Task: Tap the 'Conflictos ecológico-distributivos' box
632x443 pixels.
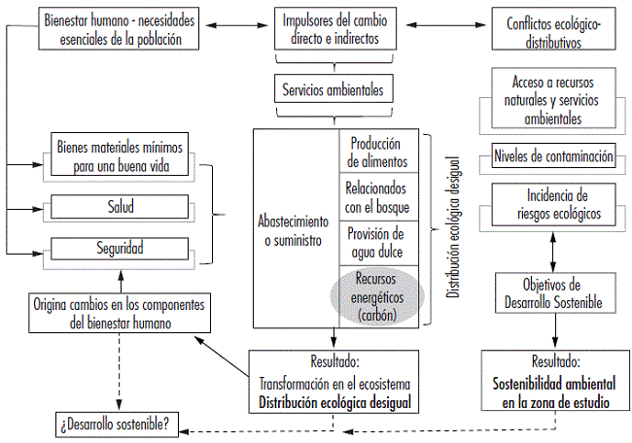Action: point(551,29)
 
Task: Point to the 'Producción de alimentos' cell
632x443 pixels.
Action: point(379,152)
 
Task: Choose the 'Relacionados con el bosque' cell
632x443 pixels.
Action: point(379,197)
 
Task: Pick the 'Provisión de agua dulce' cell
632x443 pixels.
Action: point(379,242)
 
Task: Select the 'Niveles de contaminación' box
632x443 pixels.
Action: point(552,155)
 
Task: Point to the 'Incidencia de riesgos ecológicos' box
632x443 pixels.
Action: point(552,205)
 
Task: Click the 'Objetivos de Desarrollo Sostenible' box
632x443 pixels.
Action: point(552,293)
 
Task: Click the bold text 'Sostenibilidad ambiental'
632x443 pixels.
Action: point(551,388)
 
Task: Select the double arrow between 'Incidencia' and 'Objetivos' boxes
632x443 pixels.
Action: point(552,250)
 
